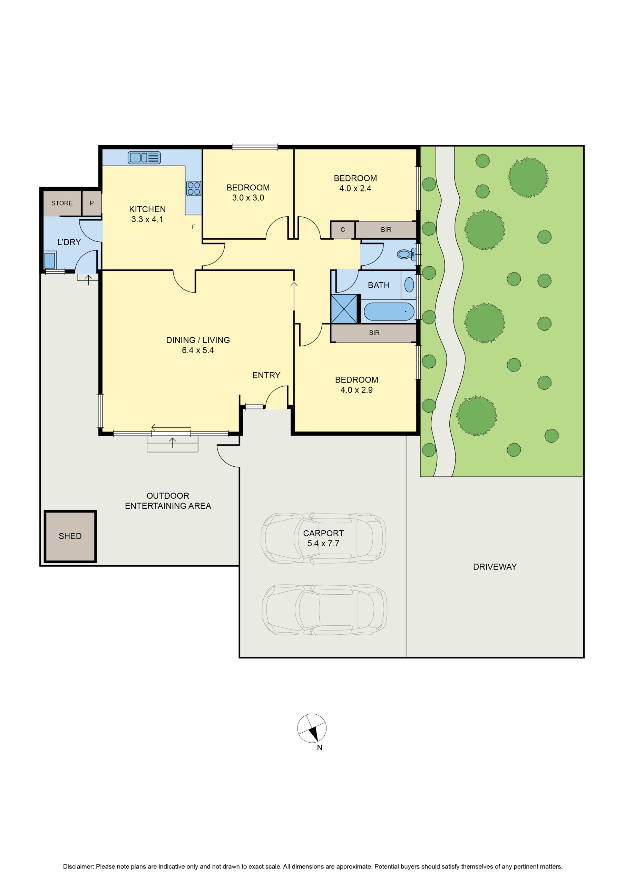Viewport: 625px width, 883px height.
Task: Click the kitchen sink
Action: tap(144, 157)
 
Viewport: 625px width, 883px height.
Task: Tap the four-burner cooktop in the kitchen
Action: tap(194, 188)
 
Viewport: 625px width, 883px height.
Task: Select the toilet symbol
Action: tap(407, 254)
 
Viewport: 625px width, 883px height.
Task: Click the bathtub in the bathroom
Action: tap(389, 311)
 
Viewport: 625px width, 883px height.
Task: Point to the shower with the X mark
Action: tap(344, 309)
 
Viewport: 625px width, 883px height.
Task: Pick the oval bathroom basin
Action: tap(409, 285)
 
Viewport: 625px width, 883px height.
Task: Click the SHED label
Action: tap(70, 536)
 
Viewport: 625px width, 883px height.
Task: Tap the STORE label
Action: tap(62, 203)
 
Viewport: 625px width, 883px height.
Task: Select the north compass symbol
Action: tap(312, 728)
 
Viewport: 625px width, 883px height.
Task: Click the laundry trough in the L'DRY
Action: tap(50, 260)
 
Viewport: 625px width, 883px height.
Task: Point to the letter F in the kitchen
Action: tap(194, 227)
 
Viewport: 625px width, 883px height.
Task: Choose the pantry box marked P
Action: tap(91, 203)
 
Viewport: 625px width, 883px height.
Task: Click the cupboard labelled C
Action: tap(342, 230)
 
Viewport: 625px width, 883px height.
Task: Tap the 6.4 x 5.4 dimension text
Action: tap(198, 350)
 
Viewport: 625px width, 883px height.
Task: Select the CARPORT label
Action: tap(323, 533)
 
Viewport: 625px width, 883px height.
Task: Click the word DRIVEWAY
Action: tap(495, 566)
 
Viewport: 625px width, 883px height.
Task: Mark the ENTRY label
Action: tap(266, 375)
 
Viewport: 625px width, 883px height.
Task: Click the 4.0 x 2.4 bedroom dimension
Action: tap(355, 188)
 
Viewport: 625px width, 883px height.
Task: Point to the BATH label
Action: tap(379, 285)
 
